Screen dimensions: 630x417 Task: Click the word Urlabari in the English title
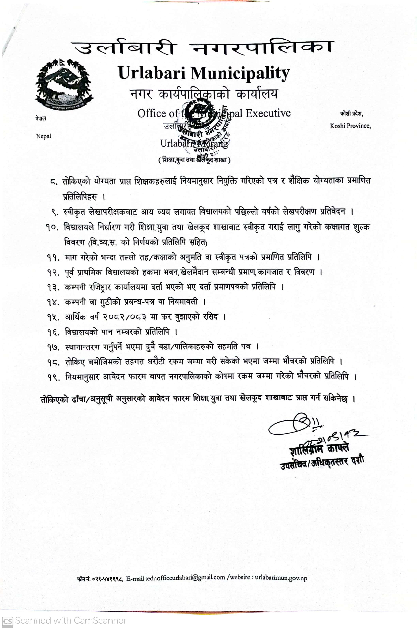tap(152, 73)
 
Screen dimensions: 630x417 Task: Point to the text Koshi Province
tap(350, 126)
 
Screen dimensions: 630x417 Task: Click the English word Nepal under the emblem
tap(43, 136)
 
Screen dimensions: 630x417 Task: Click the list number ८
tap(54, 182)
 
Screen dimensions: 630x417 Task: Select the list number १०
tap(52, 227)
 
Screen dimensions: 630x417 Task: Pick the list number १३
tap(53, 287)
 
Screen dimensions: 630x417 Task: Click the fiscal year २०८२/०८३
tap(124, 317)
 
